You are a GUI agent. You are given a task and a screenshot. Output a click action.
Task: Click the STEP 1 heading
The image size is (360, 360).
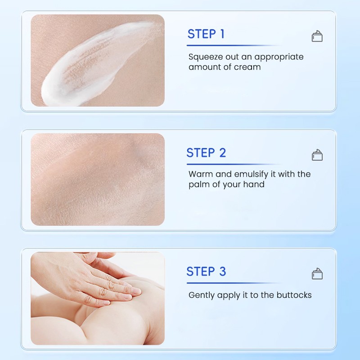click(206, 34)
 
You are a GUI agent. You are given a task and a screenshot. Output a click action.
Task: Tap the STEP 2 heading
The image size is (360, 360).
click(206, 153)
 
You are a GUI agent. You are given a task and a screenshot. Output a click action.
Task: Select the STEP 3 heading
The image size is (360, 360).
click(206, 272)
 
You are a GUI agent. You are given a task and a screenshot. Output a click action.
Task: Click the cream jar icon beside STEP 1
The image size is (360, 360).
click(317, 36)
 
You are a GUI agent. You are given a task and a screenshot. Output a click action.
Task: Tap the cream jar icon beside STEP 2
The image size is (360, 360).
click(317, 155)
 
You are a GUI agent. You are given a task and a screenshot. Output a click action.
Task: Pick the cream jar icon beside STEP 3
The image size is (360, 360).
click(317, 274)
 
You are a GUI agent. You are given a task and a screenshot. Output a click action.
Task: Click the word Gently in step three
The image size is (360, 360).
click(202, 296)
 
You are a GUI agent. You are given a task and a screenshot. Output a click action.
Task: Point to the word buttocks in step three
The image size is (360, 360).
click(293, 295)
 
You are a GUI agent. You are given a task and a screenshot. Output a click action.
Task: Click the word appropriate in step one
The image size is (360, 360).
click(279, 57)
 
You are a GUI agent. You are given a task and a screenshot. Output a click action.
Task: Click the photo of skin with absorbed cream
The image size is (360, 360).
click(98, 179)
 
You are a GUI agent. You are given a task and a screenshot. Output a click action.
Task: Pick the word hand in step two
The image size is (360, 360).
click(254, 184)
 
